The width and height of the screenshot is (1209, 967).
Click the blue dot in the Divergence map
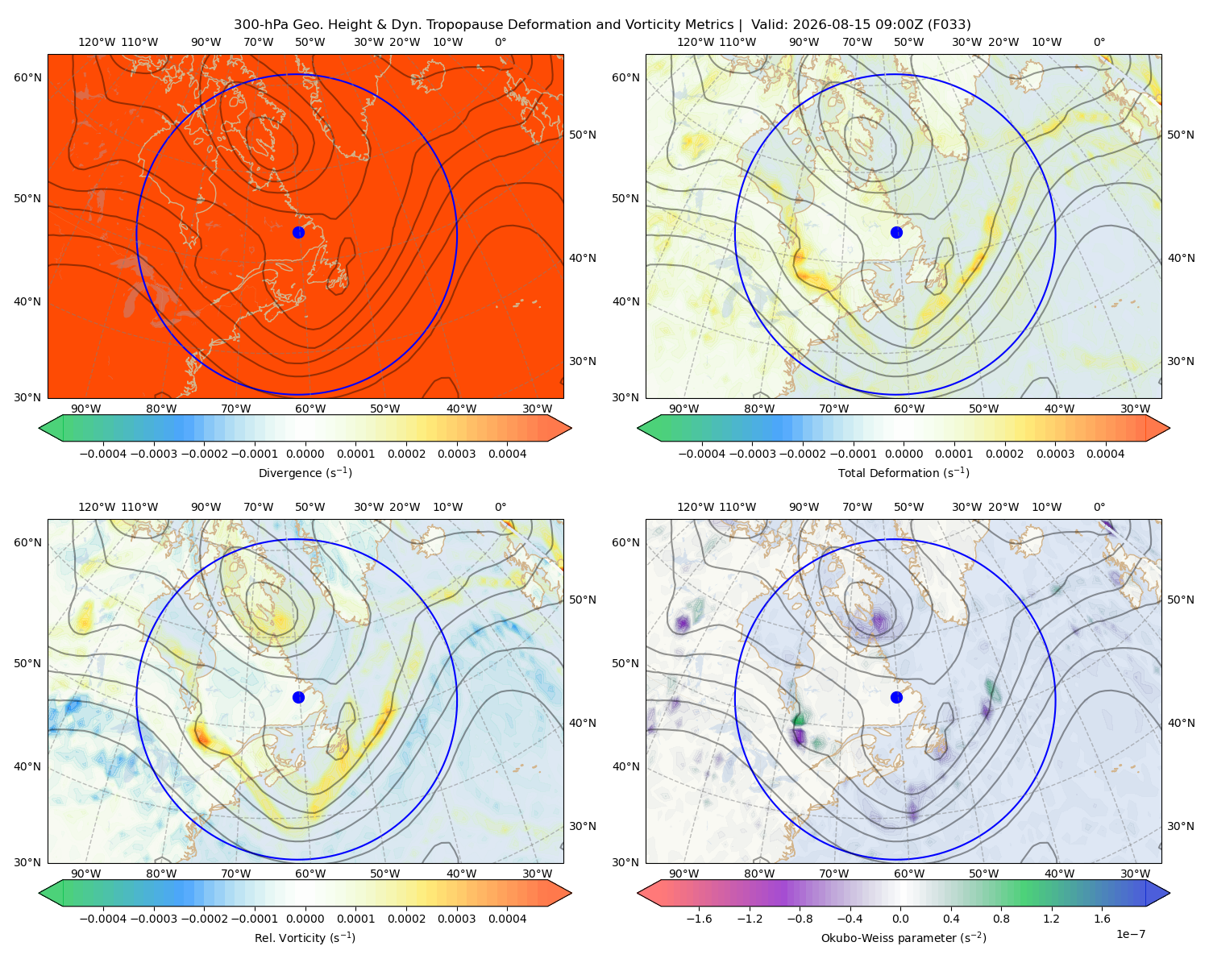click(298, 233)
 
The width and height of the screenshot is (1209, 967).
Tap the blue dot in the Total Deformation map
click(896, 233)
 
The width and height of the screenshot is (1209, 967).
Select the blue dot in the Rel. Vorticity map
click(298, 697)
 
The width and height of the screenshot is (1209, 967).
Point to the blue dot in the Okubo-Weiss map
click(896, 697)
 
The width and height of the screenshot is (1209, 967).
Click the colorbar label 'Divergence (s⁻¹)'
click(305, 472)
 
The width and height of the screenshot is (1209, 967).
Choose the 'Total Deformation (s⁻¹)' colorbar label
click(904, 472)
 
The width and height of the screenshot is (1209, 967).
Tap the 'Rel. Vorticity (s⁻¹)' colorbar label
click(305, 937)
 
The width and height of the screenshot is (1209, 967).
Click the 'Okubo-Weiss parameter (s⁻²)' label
click(904, 937)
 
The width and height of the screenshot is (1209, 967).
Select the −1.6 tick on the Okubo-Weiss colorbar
click(699, 919)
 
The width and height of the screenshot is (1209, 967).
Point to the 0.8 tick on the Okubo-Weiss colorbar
click(1001, 919)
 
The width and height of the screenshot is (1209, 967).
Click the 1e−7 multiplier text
click(1130, 934)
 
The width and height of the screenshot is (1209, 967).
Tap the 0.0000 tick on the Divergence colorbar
click(305, 454)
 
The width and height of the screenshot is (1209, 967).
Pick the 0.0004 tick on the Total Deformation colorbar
click(1105, 454)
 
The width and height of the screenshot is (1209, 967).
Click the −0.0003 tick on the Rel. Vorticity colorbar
click(153, 919)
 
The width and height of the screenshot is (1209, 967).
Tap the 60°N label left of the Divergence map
click(27, 77)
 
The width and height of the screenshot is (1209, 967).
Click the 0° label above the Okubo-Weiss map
click(1099, 507)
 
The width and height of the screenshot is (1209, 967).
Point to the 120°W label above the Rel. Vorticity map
click(97, 507)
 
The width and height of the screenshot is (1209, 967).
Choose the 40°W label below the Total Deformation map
click(1059, 409)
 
